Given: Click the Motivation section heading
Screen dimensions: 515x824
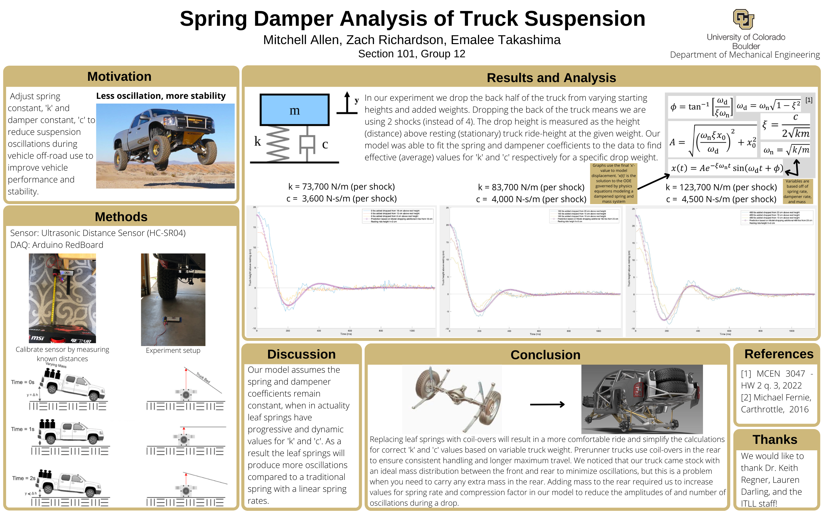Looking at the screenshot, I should (x=119, y=77).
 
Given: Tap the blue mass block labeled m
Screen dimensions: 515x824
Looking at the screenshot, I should (x=295, y=110).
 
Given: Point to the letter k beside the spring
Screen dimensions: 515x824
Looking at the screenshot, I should (x=257, y=141).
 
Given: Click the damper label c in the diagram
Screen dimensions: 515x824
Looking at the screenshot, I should (x=325, y=145).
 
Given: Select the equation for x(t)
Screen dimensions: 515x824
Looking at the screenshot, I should (x=727, y=168).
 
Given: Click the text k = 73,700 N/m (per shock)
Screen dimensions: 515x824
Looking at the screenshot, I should (x=341, y=187).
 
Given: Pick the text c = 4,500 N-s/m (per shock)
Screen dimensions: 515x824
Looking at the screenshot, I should (x=721, y=199).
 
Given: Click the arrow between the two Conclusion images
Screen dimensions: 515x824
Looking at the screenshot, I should (x=547, y=404).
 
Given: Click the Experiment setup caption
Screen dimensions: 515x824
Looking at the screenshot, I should (x=173, y=351).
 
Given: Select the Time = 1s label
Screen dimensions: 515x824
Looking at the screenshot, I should (x=23, y=429).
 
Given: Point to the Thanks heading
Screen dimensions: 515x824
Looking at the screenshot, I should (x=775, y=439).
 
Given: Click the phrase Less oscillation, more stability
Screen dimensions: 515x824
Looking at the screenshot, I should (x=161, y=96).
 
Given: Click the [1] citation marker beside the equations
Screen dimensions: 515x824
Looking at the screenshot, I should (x=809, y=100).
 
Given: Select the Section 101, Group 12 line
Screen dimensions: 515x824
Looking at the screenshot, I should (x=411, y=54).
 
